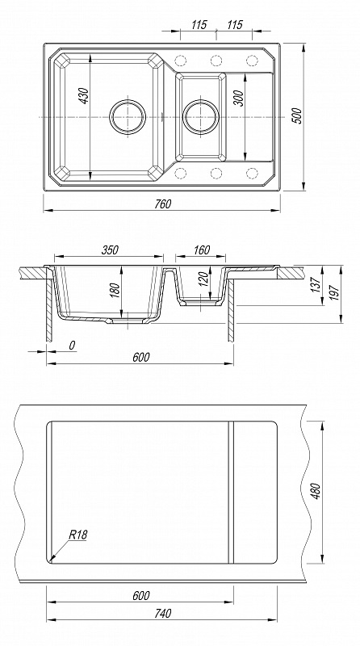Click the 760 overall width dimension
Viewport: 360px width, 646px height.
point(163,204)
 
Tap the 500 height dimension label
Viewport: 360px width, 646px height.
point(297,115)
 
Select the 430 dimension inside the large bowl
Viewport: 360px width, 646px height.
point(84,95)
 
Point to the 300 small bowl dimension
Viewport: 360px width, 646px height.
point(239,98)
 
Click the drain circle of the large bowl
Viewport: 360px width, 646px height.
point(128,116)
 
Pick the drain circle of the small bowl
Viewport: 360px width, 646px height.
point(201,117)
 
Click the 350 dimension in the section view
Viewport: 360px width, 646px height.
point(110,250)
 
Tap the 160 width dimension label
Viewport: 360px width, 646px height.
point(202,250)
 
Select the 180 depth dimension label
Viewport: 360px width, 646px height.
point(115,290)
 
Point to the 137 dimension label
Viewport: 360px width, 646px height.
point(316,285)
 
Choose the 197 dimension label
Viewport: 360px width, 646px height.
point(334,293)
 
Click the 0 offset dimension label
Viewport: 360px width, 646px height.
point(72,346)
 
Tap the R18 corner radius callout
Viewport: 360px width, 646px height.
point(78,535)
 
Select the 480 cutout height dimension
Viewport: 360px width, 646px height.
point(316,491)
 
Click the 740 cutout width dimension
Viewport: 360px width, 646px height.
point(163,614)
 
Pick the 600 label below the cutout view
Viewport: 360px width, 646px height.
point(141,596)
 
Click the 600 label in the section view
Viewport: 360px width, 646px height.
point(141,357)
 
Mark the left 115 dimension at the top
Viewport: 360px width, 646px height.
point(199,25)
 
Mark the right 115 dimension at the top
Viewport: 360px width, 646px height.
point(235,25)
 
